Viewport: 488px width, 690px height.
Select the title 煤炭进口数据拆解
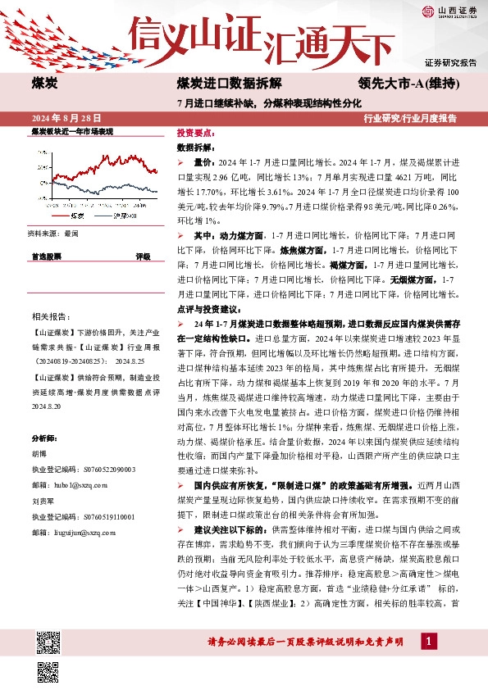pyautogui.click(x=230, y=84)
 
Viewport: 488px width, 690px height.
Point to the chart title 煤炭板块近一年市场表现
pyautogui.click(x=72, y=131)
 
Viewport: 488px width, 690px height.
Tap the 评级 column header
pyautogui.click(x=143, y=256)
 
